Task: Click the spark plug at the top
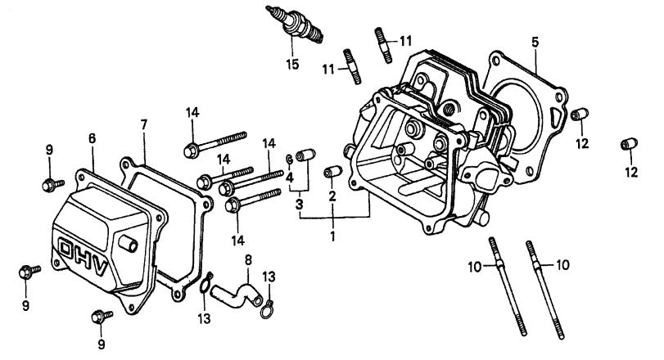tap(296, 24)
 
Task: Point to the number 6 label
tap(93, 139)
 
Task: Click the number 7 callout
tap(143, 124)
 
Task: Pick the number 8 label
tap(247, 261)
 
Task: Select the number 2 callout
tap(332, 196)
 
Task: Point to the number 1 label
tap(332, 236)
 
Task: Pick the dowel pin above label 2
tap(332, 173)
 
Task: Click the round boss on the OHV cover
tap(129, 243)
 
